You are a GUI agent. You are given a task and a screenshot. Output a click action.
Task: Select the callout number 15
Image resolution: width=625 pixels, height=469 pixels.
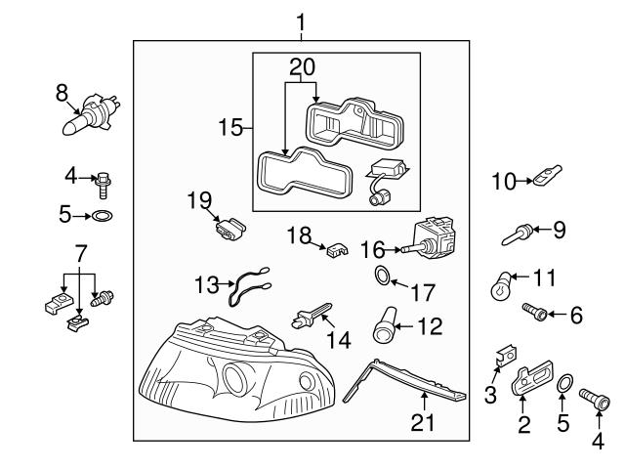point(229,128)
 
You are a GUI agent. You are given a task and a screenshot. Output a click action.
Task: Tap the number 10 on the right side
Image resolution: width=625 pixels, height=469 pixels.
point(503,181)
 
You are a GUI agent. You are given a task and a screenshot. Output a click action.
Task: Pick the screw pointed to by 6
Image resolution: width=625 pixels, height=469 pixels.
point(535,313)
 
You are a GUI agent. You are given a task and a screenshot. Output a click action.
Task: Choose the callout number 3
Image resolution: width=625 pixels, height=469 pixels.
point(491,394)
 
